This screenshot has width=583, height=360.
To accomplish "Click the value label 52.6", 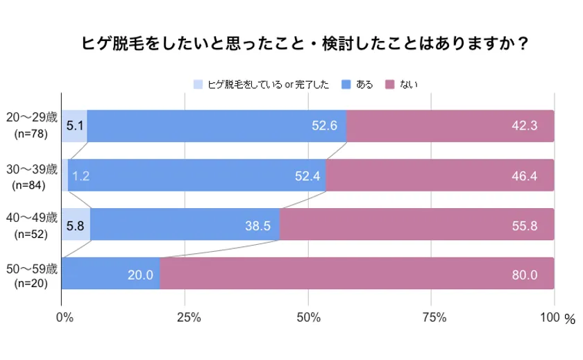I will coord(325,126).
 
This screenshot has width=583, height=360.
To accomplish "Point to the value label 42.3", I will coord(524,126).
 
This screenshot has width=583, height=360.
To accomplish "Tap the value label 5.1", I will coord(74,126).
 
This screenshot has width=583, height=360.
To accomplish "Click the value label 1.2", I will coord(81,175).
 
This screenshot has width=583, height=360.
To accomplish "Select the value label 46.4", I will coord(524,175).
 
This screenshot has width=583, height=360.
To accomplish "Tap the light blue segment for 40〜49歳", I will coord(76,225).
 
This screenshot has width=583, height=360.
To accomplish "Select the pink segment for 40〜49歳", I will coord(416,225).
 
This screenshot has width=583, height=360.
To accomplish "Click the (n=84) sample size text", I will coord(31,185).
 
